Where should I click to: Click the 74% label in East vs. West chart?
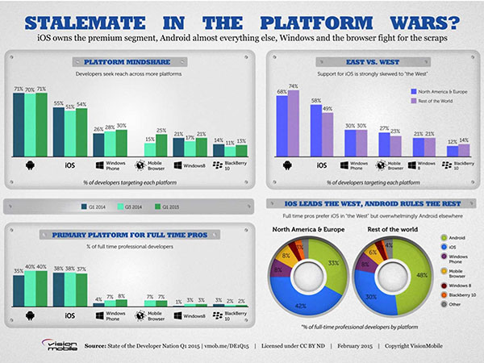pyautogui.click(x=294, y=86)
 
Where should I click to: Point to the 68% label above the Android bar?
pyautogui.click(x=282, y=92)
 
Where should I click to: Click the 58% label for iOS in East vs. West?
pyautogui.click(x=316, y=101)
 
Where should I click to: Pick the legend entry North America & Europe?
pyautogui.click(x=439, y=92)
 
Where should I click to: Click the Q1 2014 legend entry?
pyautogui.click(x=97, y=207)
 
